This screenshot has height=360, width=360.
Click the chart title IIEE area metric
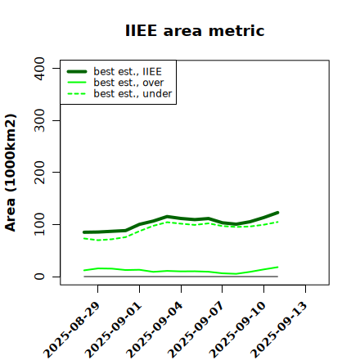pos(195,30)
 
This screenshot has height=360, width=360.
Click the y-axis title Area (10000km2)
pos(11,173)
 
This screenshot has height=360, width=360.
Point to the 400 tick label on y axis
pos(39,69)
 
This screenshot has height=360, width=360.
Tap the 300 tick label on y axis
pos(39,120)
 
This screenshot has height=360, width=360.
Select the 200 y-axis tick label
pos(39,172)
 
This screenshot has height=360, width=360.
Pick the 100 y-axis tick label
pos(39,224)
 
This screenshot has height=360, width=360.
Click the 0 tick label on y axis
pos(39,277)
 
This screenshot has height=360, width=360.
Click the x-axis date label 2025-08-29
pos(72,330)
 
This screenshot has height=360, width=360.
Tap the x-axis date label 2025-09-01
pos(114,330)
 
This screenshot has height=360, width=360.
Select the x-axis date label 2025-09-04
pos(155,330)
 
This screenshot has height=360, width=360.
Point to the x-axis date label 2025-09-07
pos(196,330)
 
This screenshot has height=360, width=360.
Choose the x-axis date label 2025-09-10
pos(238,330)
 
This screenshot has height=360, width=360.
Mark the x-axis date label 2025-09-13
pos(280,330)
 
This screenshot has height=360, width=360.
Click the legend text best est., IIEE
pos(128,71)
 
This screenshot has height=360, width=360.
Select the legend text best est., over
pos(128,83)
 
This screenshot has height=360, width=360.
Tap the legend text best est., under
pos(133,93)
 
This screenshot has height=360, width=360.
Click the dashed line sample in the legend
pos(77,93)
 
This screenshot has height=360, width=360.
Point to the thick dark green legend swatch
pos(77,71)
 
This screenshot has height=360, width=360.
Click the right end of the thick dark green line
pos(277,213)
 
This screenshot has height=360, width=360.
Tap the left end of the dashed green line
pos(84,238)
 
